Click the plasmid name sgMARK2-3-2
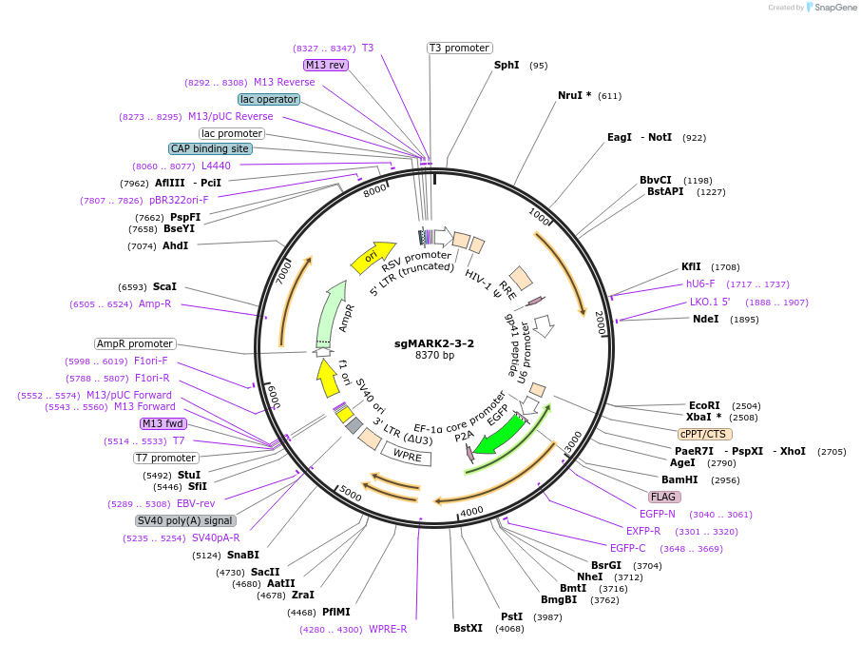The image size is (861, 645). coord(434,343)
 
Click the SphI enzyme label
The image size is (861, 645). coord(507,66)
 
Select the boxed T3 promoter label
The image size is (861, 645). coord(459,48)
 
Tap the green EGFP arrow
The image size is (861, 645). coord(500,434)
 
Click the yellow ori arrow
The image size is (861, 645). coord(372,254)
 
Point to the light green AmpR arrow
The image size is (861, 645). coord(329,315)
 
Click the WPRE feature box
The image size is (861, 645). coord(407,455)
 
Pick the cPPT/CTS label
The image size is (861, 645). coord(705,434)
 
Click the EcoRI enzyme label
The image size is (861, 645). coord(704,405)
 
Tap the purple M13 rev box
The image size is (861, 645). coord(326,65)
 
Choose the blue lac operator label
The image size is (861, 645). coord(269,99)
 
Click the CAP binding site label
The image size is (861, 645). coord(210,148)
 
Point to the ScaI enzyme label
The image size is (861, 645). coord(164,286)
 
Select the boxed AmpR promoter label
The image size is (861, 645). coord(135,343)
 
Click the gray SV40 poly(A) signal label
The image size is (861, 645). coord(185,520)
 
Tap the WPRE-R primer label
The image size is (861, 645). coord(388,629)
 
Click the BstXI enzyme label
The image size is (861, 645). coord(468,628)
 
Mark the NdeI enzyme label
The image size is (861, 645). coord(706,319)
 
